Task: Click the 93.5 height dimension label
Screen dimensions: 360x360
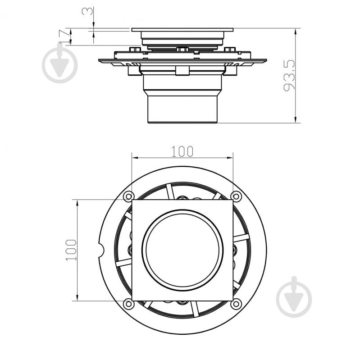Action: point(289,76)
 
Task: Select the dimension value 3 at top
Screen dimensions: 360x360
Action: point(87,11)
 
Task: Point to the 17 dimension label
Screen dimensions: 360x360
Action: point(64,36)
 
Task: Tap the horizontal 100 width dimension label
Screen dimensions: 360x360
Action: point(182,151)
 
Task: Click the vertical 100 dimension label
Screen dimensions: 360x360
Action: point(71,250)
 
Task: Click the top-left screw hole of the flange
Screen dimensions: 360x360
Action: point(128,196)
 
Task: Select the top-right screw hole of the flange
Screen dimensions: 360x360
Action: point(236,196)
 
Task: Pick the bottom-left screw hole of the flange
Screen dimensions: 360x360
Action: point(128,304)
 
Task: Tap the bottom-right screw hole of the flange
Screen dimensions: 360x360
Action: point(236,304)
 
